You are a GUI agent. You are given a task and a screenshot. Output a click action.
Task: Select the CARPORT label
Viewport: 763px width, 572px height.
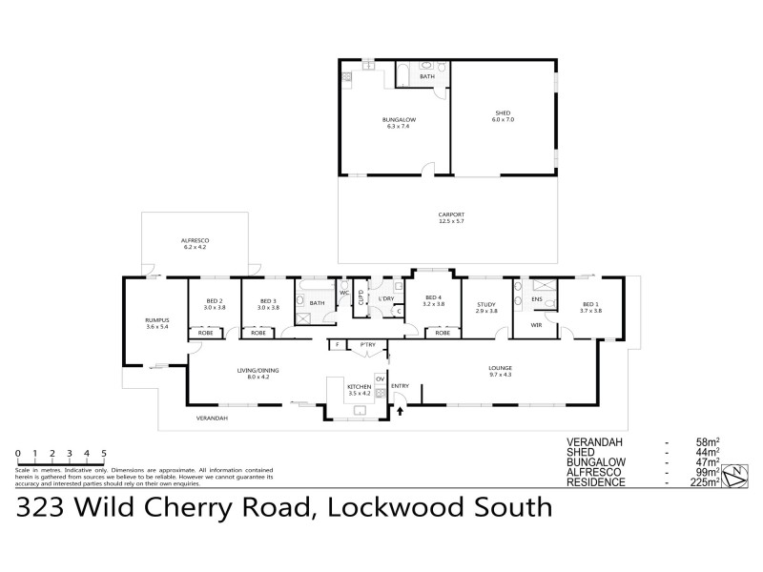[x=451, y=216]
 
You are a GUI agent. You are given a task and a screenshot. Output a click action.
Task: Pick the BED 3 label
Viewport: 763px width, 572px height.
[x=267, y=303]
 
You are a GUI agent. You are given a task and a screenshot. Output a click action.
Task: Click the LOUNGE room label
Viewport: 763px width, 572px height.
[x=501, y=369]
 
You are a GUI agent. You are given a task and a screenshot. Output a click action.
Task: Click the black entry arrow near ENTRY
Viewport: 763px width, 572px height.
[x=400, y=412]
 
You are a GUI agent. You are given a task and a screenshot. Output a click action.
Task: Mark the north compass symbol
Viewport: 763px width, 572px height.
[x=735, y=474]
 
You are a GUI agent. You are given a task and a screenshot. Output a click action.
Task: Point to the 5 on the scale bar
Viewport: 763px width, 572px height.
[x=104, y=454]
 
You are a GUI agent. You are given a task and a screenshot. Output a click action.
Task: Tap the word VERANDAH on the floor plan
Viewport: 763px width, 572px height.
[x=212, y=419]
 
